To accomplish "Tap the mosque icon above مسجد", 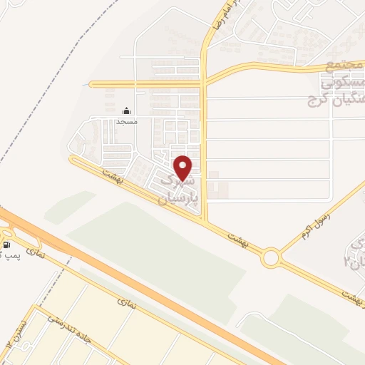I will (127, 110).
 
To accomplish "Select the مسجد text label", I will (127, 122).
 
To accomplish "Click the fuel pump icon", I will (6, 245).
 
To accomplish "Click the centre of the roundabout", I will (270, 257).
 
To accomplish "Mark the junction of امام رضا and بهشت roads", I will (205, 222).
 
